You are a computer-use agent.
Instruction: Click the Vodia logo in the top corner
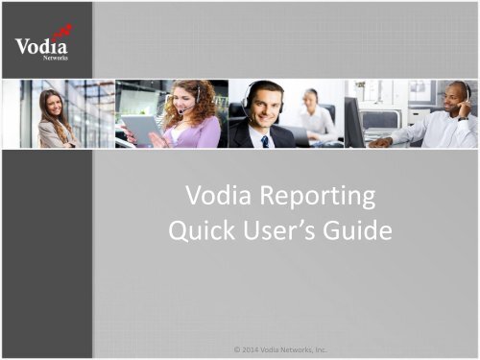click(x=42, y=44)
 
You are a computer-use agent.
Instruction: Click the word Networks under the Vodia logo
click(x=56, y=58)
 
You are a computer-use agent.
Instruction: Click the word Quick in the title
click(x=203, y=233)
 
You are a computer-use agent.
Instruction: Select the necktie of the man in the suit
click(x=265, y=140)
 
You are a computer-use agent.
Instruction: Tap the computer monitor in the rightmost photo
click(x=354, y=119)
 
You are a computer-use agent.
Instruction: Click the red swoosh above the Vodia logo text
click(x=63, y=33)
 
